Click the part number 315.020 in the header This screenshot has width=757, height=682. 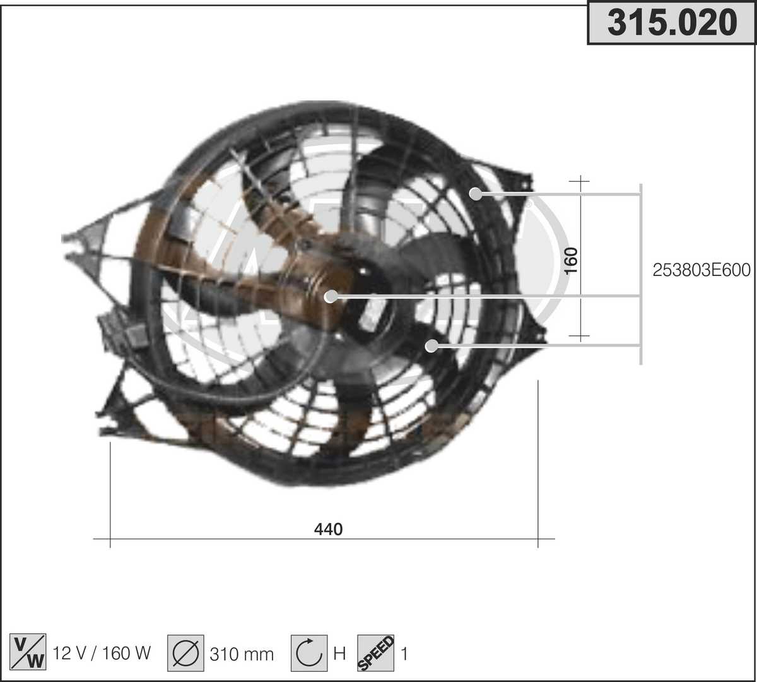672,23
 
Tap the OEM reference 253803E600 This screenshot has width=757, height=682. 701,270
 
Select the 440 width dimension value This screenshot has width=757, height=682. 328,529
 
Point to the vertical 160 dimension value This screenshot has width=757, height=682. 571,261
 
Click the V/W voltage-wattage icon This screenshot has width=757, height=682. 28,652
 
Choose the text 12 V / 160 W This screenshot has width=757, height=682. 102,653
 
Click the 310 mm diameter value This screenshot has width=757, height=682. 242,654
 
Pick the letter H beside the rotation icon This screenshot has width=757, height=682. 339,654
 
